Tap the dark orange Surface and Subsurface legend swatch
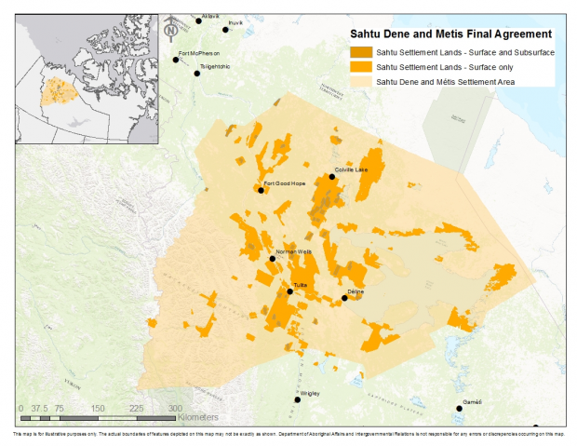360,52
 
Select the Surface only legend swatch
360,67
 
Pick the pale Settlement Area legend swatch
360,82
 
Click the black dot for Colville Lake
332,176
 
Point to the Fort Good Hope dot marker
261,190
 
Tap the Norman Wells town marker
272,258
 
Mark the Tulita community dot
289,291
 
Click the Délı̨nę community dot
344,298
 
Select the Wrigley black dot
298,399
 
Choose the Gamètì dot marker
458,409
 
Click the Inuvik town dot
224,30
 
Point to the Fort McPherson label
199,52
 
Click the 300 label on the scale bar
175,409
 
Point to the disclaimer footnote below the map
288,435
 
